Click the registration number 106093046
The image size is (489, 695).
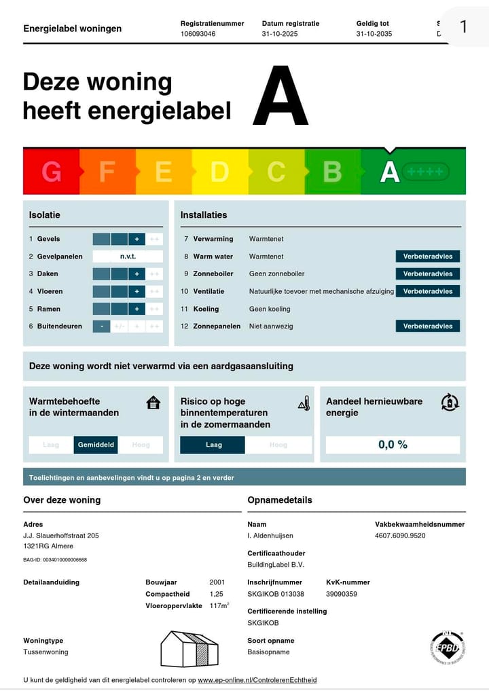click(198, 33)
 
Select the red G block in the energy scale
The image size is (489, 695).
click(51, 172)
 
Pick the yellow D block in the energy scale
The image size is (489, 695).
click(219, 172)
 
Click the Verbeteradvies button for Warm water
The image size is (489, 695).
click(427, 257)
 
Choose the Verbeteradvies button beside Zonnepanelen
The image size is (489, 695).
click(427, 326)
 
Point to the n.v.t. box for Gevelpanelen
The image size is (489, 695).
click(128, 257)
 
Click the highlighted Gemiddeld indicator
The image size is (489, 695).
click(96, 445)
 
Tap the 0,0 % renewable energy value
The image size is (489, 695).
click(393, 445)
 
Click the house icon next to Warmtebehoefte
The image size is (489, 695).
click(153, 402)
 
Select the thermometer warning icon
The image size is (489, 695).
click(304, 404)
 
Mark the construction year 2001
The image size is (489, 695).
click(217, 582)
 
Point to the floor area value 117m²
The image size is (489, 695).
click(219, 605)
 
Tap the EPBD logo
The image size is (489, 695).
click(447, 648)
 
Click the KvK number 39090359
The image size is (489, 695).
click(342, 594)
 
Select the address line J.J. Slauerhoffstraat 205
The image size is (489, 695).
click(61, 536)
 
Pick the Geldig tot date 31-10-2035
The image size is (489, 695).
click(374, 33)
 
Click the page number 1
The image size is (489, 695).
click(464, 26)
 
